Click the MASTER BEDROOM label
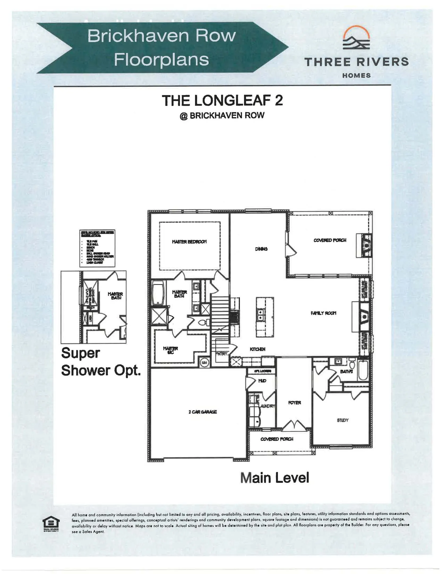click(x=189, y=242)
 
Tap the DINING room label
click(x=261, y=249)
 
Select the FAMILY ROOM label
click(x=323, y=313)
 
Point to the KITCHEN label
click(x=257, y=349)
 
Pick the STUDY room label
click(x=342, y=420)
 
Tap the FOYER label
click(x=294, y=403)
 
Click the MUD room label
click(x=262, y=381)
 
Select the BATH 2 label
click(x=346, y=372)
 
